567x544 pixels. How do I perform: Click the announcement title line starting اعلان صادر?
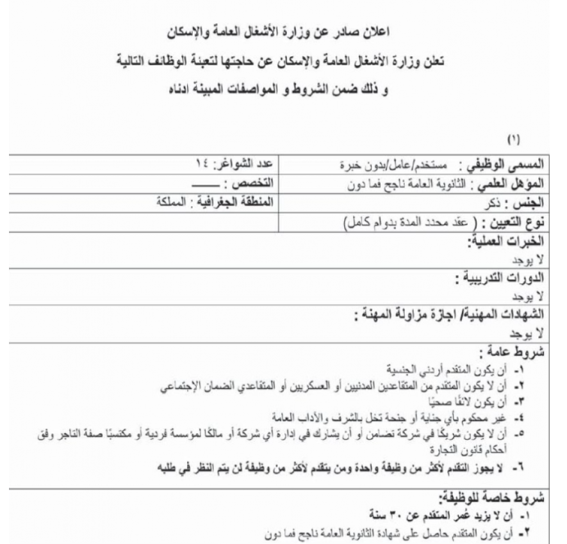(x=283, y=30)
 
